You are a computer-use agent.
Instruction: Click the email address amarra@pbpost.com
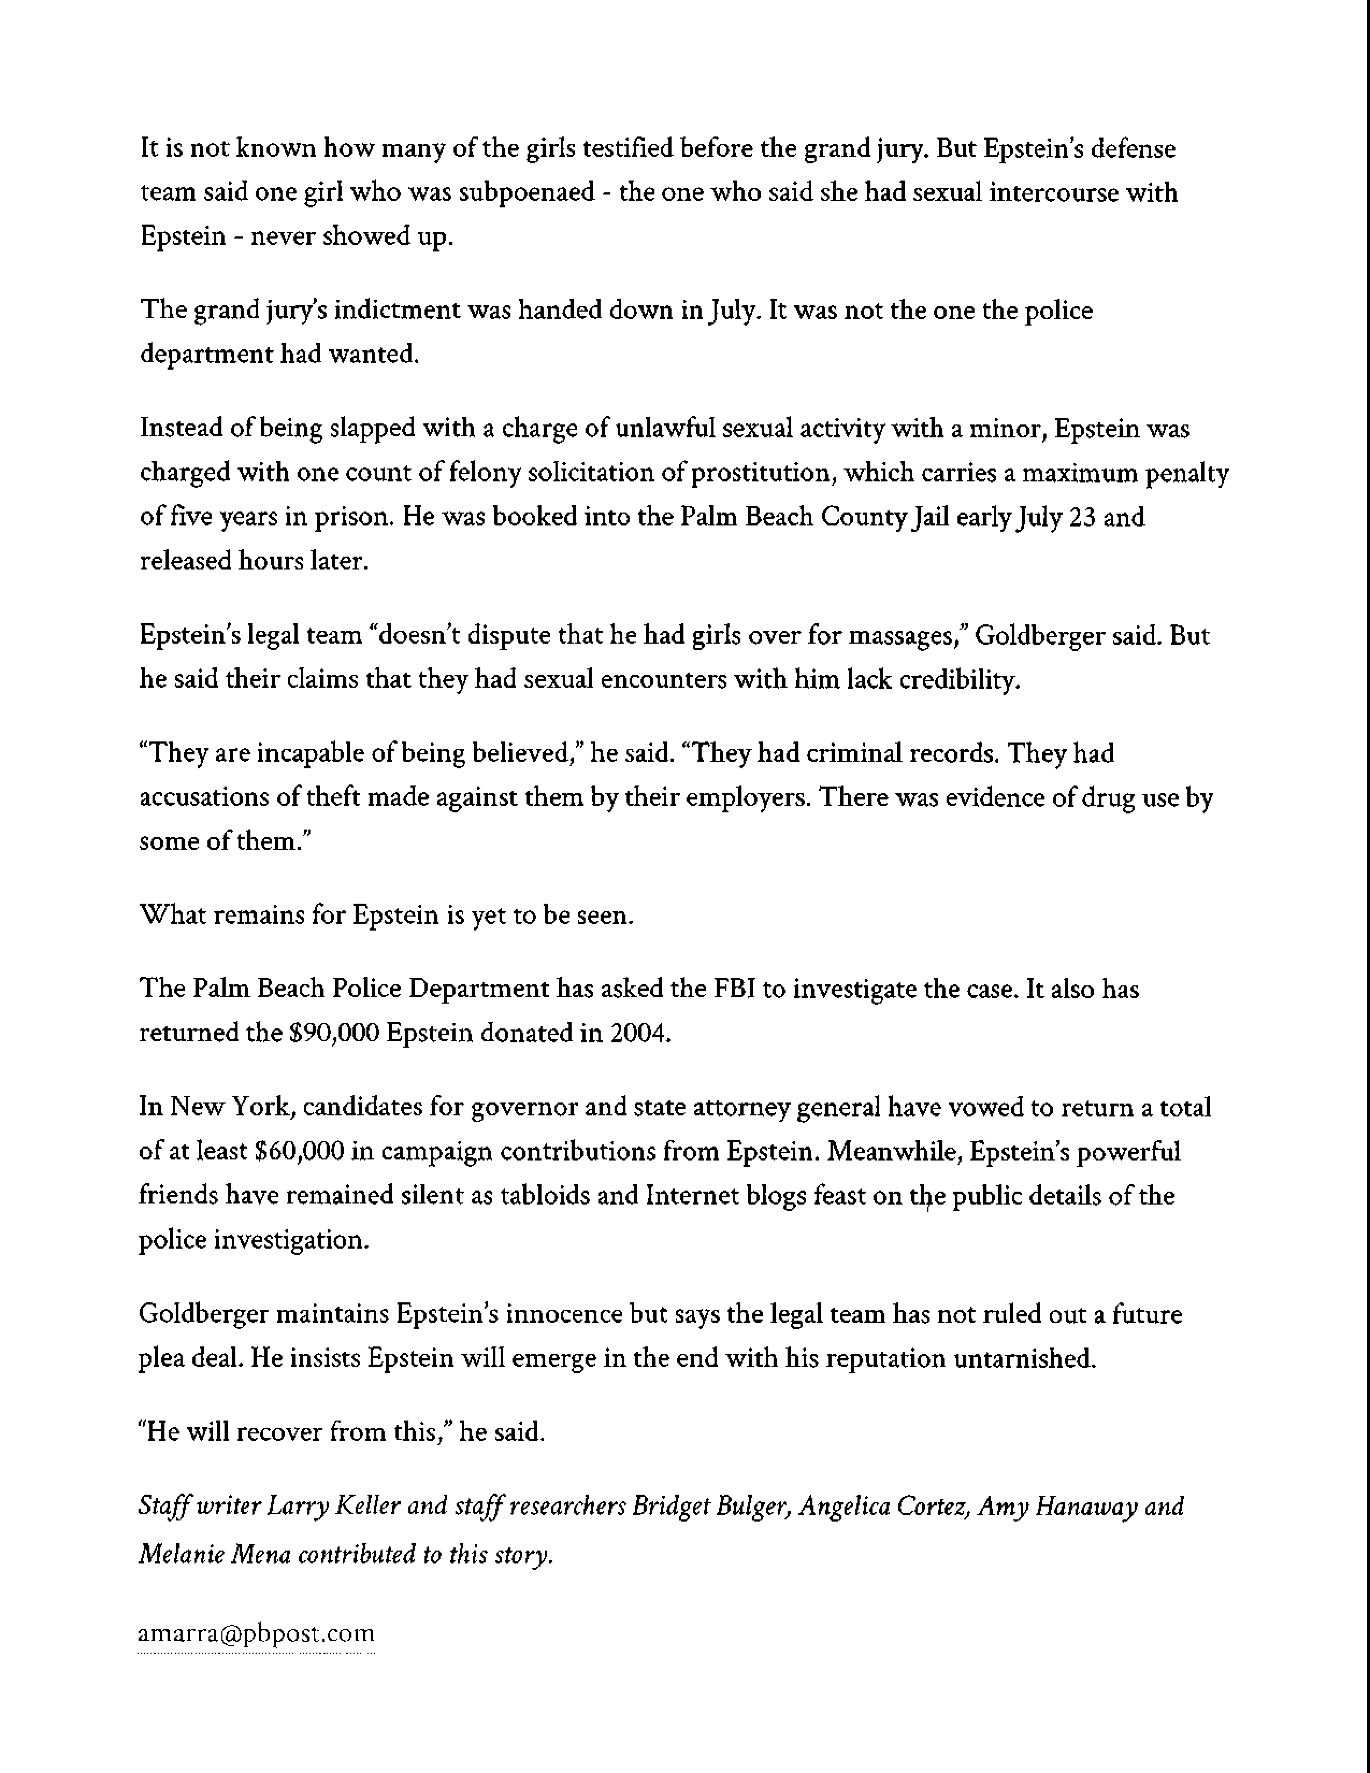pyautogui.click(x=256, y=1633)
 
